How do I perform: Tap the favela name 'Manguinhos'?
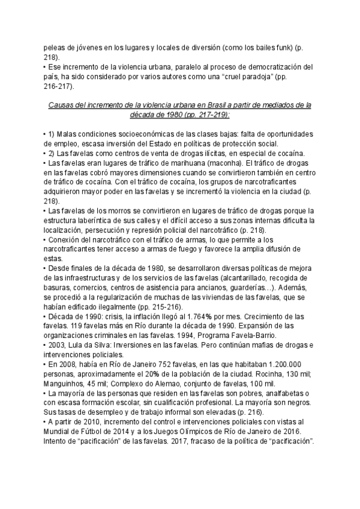[x=66, y=385]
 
